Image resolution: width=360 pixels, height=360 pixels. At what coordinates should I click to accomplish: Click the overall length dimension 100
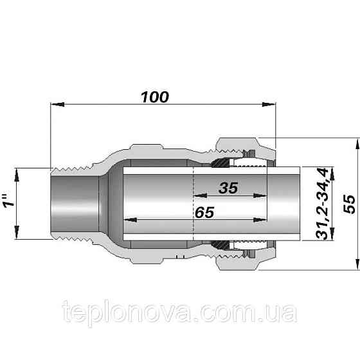(155, 96)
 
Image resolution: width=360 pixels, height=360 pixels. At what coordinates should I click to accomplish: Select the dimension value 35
(228, 188)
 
